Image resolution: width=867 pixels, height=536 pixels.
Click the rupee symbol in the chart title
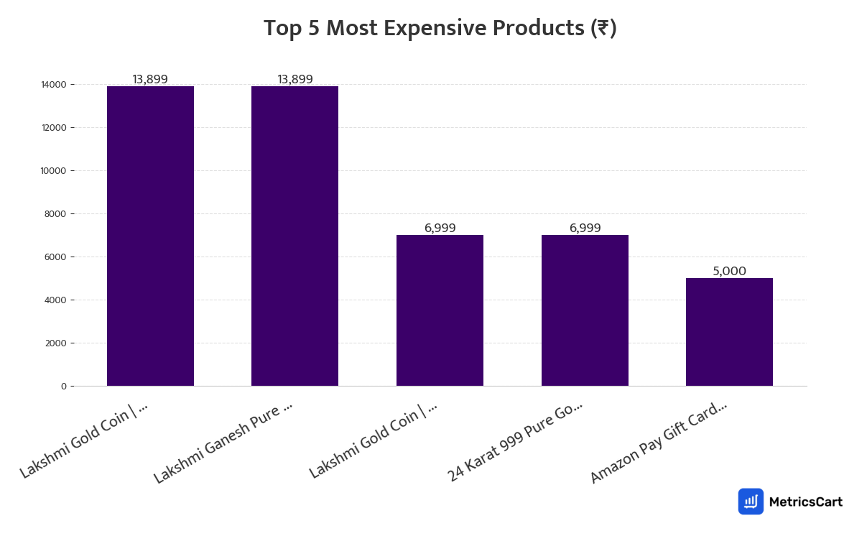coord(603,29)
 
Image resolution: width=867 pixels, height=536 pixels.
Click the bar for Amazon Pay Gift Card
coord(729,332)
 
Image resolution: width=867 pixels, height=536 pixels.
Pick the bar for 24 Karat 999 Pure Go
coord(585,310)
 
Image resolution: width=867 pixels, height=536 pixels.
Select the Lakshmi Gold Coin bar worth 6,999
coord(440,310)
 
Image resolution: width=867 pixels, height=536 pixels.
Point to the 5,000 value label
coord(729,272)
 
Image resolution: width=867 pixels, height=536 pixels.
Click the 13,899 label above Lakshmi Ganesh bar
coord(295,80)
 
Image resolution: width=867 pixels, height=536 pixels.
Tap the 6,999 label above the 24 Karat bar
coord(585,228)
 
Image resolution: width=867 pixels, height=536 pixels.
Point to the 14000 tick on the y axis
coord(54,85)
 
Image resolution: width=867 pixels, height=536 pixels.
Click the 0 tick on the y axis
coord(63,387)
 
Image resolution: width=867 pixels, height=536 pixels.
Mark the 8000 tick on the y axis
coord(56,214)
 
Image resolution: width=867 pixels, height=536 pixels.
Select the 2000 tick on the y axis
coord(56,343)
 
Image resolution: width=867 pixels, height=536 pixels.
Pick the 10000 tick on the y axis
coord(54,171)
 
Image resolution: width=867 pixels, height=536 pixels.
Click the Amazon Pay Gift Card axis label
coord(659,442)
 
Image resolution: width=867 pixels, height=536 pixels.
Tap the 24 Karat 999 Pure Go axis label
coord(515,441)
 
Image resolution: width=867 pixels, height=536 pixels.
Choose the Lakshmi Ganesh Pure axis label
coord(223,442)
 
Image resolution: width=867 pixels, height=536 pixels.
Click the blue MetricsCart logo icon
coord(751,502)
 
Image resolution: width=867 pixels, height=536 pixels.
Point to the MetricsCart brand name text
coord(805,502)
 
